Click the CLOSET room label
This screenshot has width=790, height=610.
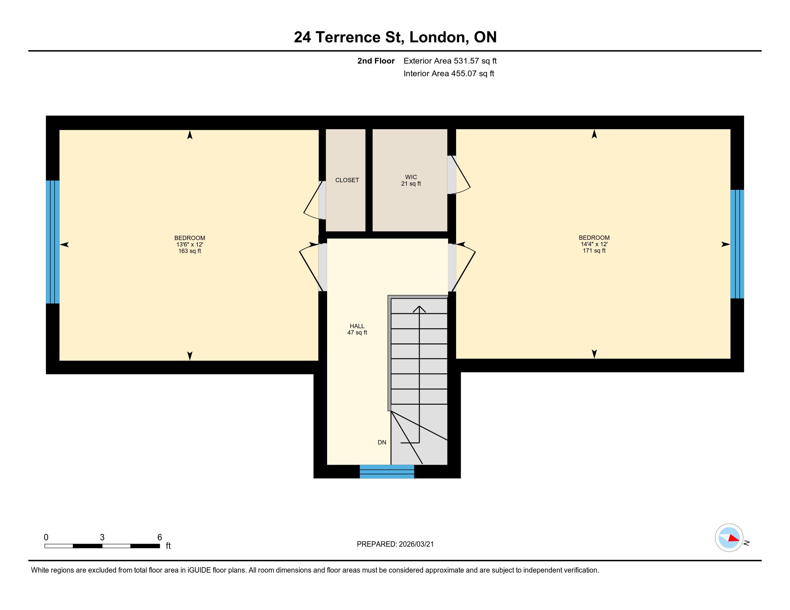pos(347,180)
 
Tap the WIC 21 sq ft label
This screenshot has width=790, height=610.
pos(411,180)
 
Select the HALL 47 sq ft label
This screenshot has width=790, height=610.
pos(357,329)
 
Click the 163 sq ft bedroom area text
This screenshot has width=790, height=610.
pos(190,251)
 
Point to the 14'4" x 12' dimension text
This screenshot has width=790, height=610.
pos(594,244)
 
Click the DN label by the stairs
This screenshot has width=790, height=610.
pos(382,442)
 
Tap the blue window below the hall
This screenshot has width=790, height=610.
pos(387,471)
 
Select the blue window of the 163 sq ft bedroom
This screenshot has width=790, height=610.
pos(52,242)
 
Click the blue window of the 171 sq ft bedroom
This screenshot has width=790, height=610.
pos(737,244)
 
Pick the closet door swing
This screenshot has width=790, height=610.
pos(313,202)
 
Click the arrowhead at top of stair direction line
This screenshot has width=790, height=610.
pos(419,308)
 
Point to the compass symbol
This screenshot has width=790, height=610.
pos(729,538)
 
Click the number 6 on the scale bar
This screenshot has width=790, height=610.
pos(159,538)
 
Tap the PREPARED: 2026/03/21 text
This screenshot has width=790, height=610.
pos(395,544)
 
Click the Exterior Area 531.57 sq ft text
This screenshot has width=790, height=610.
pos(450,61)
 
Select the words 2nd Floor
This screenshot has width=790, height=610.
pos(376,61)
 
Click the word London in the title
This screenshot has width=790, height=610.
pos(437,37)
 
